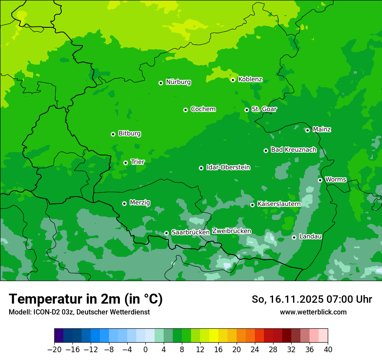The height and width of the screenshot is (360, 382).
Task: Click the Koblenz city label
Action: tap(250, 79)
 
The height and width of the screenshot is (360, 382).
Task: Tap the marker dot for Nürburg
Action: tap(161, 83)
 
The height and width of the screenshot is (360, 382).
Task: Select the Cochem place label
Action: tap(203, 109)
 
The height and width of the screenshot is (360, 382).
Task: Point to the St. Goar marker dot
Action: tap(247, 110)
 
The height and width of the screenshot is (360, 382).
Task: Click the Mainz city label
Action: tap(322, 130)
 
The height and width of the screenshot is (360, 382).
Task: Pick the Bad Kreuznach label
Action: tap(293, 150)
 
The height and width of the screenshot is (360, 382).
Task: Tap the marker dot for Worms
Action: tap(320, 180)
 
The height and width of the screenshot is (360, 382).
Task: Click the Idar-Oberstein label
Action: tap(228, 167)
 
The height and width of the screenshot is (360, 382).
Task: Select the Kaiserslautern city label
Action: tap(279, 204)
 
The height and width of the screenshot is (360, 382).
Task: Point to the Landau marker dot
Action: tap(294, 237)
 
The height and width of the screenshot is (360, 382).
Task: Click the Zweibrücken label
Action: tap(231, 231)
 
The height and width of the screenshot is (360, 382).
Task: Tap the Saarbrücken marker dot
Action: tap(166, 233)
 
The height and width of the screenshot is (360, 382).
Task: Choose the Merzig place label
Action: tap(140, 203)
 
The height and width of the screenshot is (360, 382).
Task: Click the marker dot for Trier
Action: tap(125, 163)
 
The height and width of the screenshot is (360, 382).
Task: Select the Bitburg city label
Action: tap(129, 134)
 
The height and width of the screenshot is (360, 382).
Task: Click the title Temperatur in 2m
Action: tap(86, 299)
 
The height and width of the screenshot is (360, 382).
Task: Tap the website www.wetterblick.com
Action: tap(313, 312)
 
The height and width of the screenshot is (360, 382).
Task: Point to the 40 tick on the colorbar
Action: tap(328, 350)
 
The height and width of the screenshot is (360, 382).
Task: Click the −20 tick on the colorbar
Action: tap(54, 350)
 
